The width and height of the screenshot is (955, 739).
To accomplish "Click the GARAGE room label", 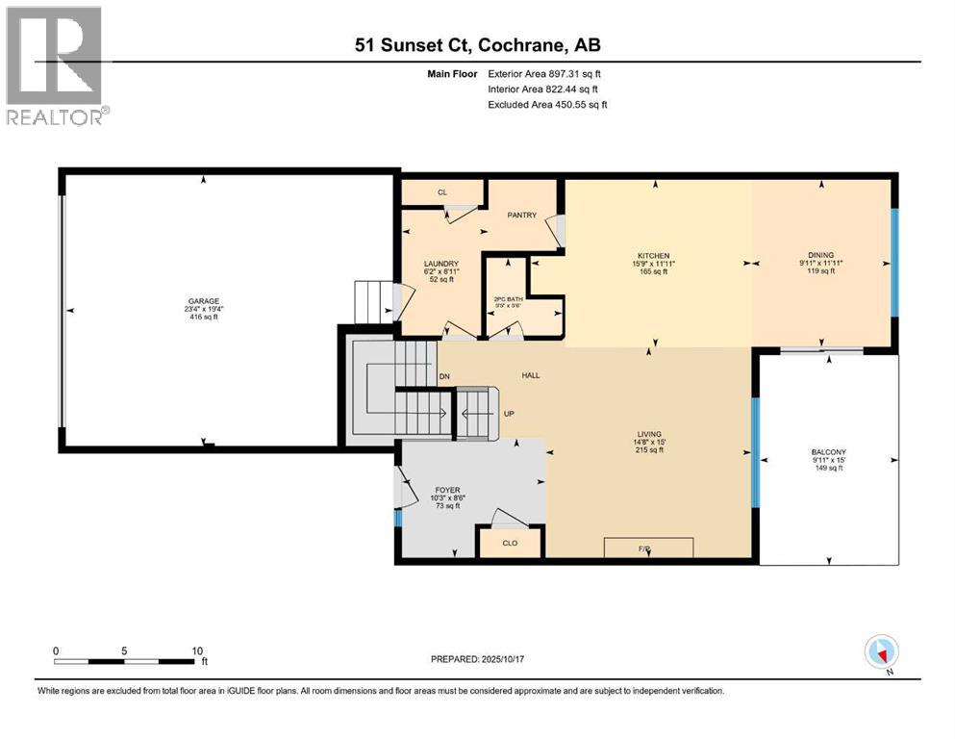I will click(x=203, y=301).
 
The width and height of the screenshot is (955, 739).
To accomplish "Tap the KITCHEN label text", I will click(x=651, y=256).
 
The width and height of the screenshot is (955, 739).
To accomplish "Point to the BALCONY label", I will click(x=827, y=452).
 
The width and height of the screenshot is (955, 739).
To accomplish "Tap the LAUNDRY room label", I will click(x=441, y=265).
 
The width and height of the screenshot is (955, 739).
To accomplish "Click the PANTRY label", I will click(x=521, y=215).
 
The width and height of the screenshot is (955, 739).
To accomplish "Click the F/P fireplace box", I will click(x=647, y=548).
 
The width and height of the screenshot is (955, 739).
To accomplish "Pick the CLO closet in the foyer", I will click(x=510, y=543).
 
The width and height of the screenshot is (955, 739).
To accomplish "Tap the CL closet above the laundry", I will click(x=442, y=192).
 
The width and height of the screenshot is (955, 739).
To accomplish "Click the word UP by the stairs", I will click(x=511, y=414).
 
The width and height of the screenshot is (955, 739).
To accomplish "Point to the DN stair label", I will click(x=444, y=376).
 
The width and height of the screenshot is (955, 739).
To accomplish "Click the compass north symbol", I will click(x=881, y=651).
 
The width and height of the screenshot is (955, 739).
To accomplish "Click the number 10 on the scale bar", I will click(x=197, y=650).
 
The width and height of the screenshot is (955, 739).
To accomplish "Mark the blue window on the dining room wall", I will click(x=894, y=262).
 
